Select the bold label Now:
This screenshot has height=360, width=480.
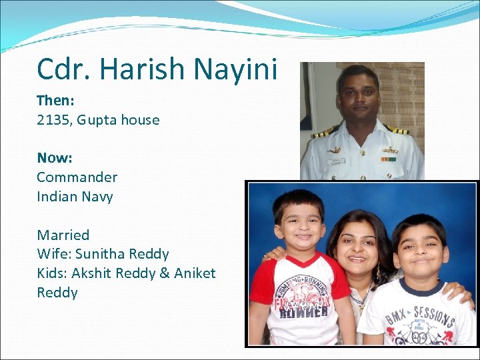[x=54, y=158]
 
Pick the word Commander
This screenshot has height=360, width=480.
[x=77, y=177]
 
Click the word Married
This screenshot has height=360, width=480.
[x=63, y=235]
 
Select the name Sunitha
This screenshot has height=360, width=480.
[x=99, y=254]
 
